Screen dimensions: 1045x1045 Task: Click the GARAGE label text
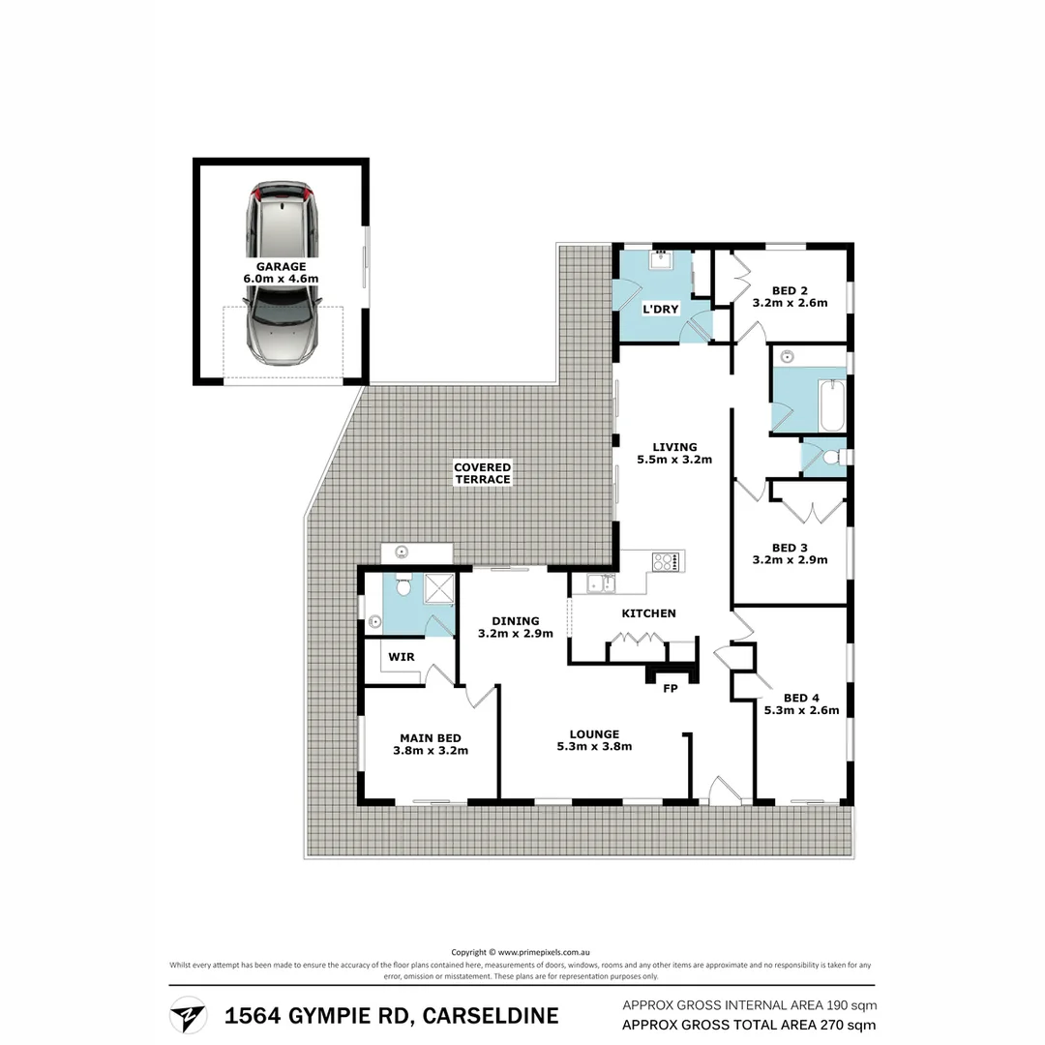281,266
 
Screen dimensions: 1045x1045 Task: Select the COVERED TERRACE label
482,473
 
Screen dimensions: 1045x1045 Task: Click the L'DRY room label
661,309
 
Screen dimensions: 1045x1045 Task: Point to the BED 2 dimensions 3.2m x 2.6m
790,303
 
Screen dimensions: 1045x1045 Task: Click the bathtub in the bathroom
831,407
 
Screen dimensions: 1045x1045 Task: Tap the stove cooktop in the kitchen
667,560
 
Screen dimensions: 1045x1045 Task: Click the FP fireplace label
669,689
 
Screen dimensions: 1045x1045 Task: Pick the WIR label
402,656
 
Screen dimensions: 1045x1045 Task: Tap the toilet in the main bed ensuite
403,585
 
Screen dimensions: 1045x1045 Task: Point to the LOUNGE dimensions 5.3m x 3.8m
594,746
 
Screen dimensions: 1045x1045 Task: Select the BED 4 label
801,698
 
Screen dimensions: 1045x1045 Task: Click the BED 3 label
790,547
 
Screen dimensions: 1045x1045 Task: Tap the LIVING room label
673,446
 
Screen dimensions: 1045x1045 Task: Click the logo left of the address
188,1015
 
